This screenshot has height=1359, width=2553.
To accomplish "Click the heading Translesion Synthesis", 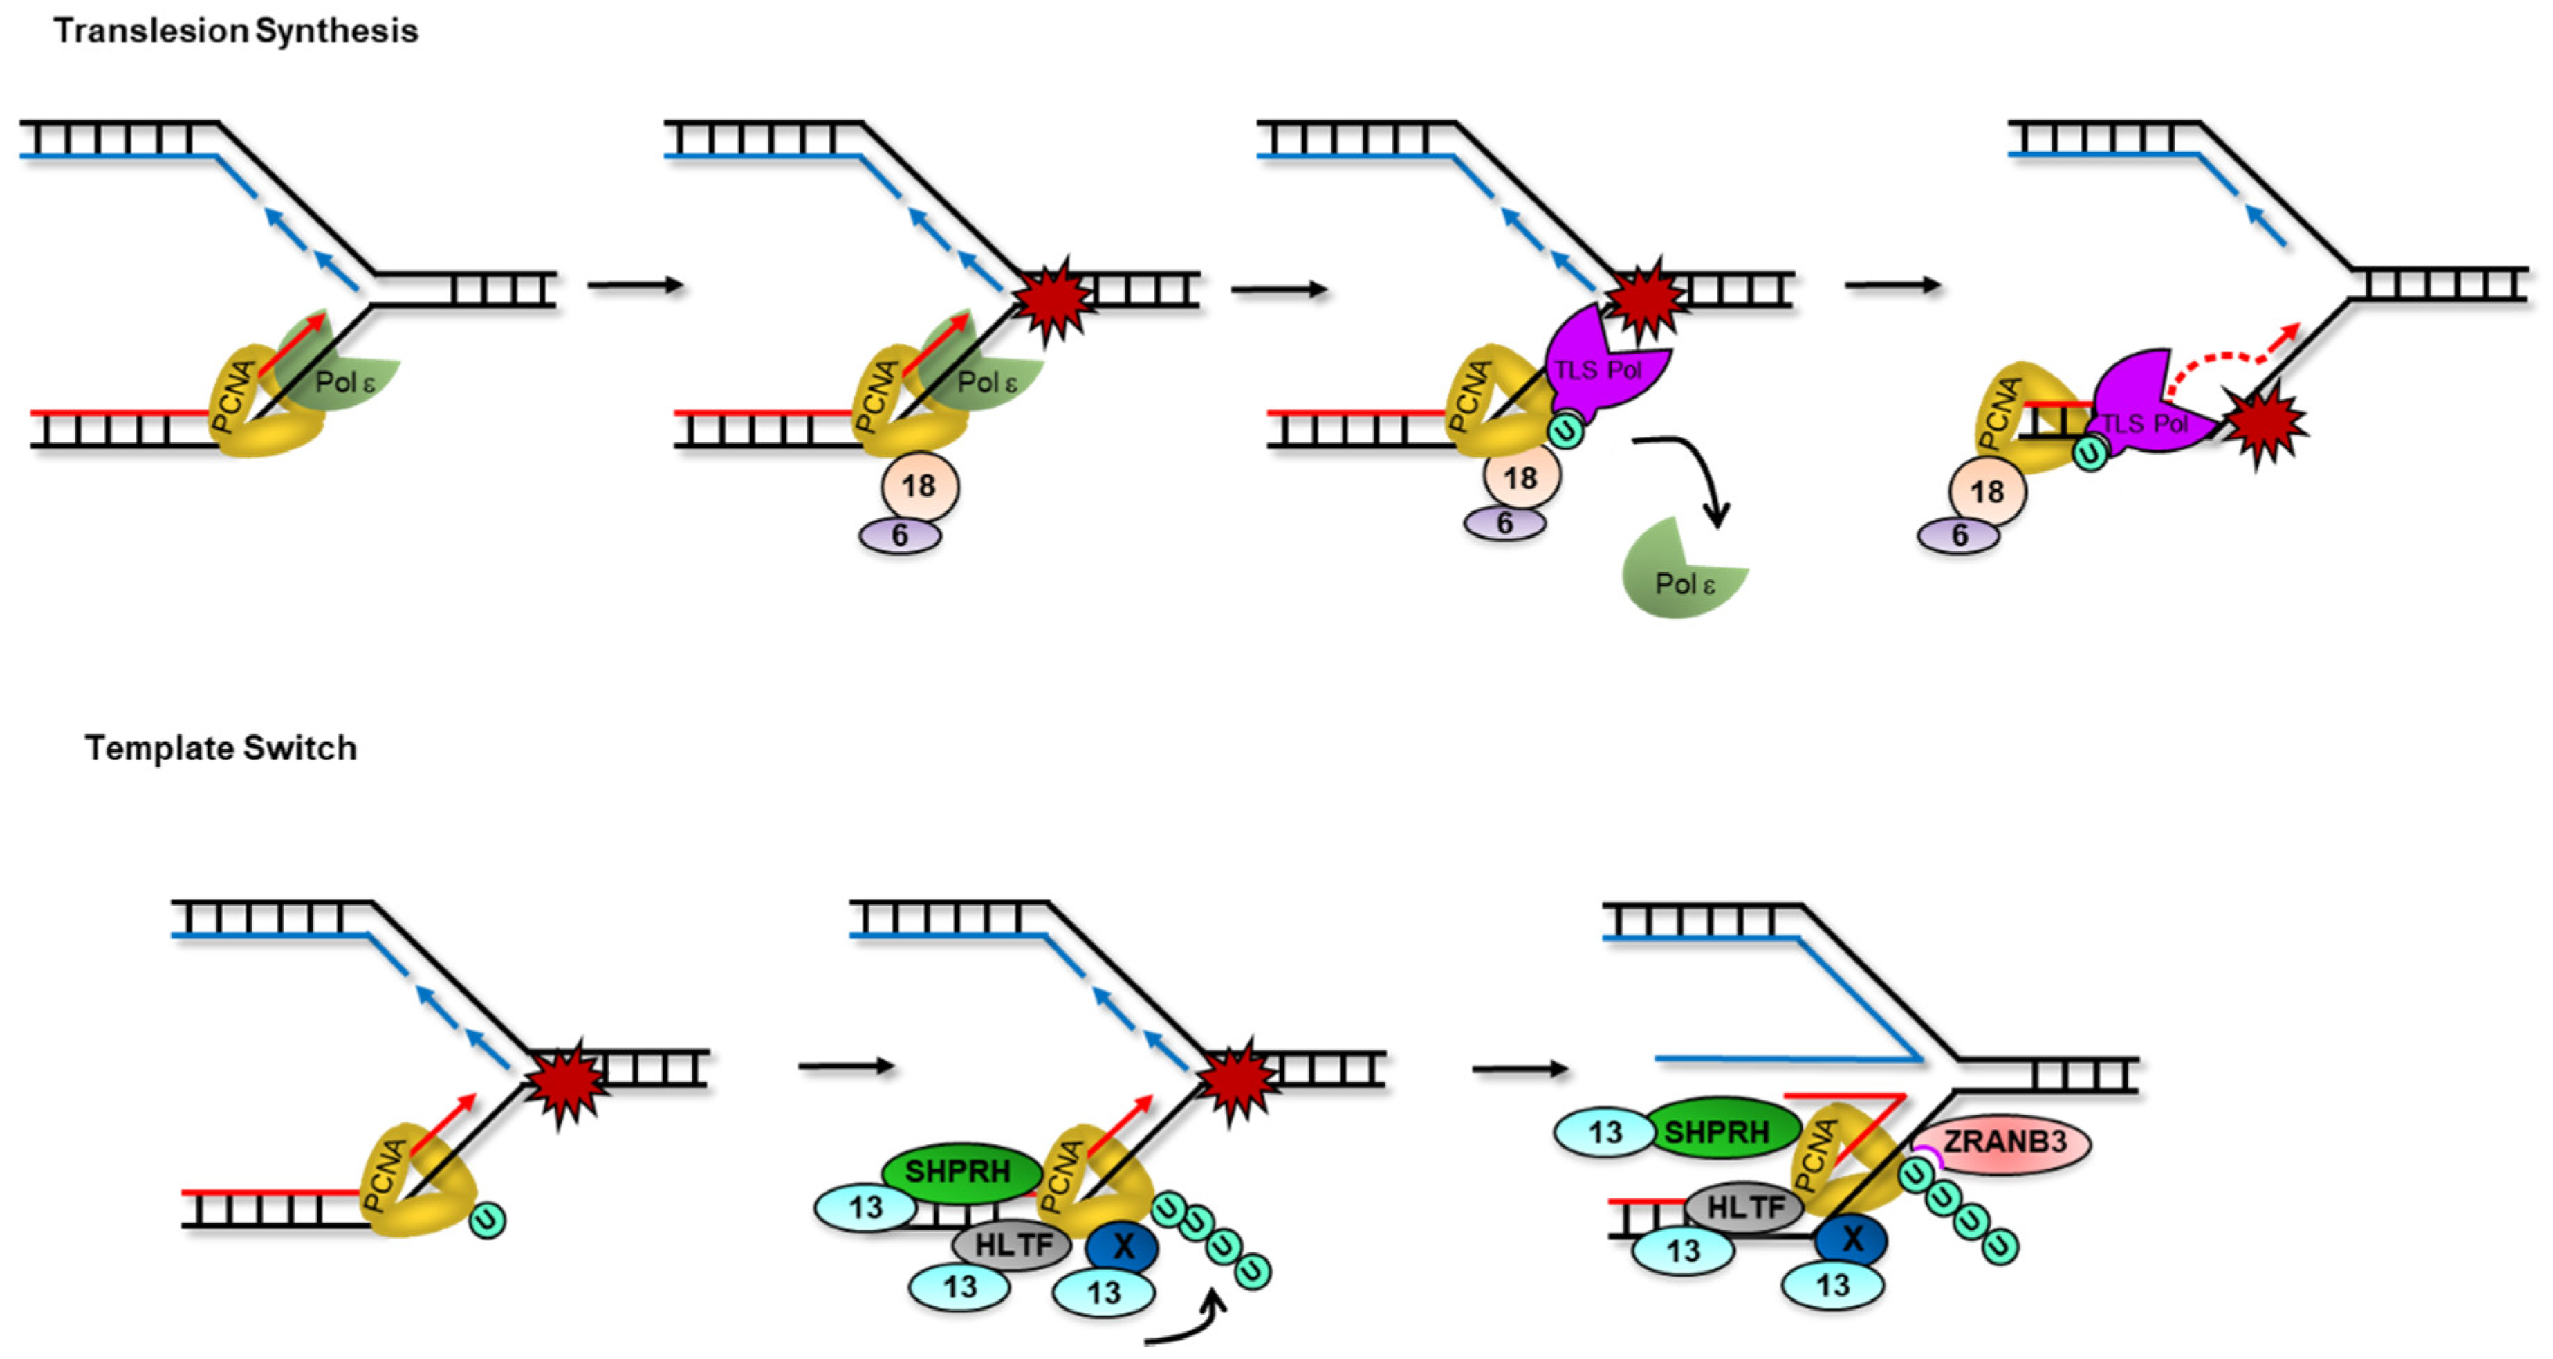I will (236, 30).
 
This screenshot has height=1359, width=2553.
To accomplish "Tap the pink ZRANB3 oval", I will (2002, 1143).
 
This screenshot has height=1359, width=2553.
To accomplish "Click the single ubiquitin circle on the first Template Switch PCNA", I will (487, 1219).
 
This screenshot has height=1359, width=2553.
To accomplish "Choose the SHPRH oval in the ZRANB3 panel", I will (1720, 1131).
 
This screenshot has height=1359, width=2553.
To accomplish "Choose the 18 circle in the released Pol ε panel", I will (1521, 477).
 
